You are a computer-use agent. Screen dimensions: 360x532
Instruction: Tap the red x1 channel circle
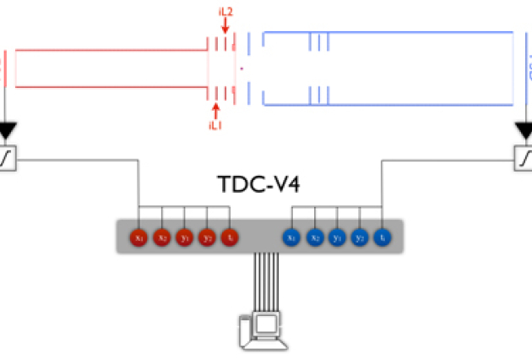coord(140,237)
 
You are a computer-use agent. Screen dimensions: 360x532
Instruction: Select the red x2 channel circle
coord(163,237)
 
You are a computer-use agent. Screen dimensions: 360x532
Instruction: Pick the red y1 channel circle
coord(186,237)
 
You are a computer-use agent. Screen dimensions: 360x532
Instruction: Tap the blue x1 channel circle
coord(292,237)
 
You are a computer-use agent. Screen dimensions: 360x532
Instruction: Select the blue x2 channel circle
coord(315,237)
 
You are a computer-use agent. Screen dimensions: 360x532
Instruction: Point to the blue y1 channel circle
coord(338,237)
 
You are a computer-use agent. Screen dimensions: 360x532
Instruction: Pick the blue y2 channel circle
coord(361,237)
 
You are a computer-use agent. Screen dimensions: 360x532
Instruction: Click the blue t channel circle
coord(383,237)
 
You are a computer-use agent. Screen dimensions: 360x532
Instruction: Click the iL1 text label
coord(215,125)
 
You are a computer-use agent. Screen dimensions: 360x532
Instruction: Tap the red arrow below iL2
coord(225,26)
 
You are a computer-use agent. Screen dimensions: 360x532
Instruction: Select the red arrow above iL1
coord(215,110)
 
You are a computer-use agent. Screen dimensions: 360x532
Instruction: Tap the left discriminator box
coord(7,157)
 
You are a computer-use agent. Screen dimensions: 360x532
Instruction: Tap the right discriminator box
coord(524,157)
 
